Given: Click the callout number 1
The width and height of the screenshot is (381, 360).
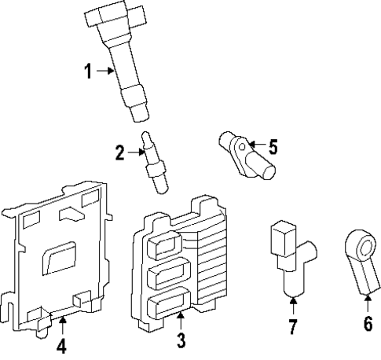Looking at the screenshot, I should tap(89, 72).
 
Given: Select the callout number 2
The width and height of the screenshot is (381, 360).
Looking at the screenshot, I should tap(119, 152).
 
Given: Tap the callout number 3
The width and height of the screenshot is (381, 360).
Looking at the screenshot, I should tap(181, 340).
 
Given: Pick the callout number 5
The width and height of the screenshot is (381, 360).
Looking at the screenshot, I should tap(273, 147).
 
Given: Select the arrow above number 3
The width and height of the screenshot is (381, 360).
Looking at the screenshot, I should tap(181, 319).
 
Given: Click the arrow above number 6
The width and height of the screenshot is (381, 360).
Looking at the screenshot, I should tap(367, 303).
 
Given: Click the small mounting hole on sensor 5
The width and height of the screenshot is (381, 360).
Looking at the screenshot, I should tap(244, 145).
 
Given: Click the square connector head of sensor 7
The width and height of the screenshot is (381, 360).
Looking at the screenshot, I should tap(281, 236).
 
